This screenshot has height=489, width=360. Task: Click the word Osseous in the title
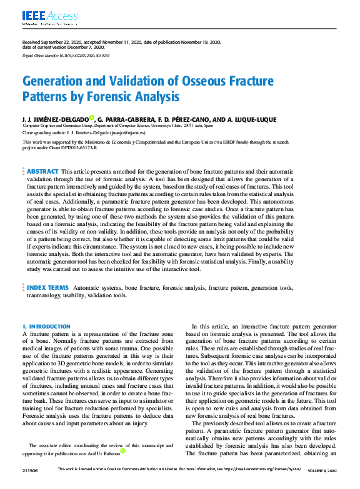tap(212, 81)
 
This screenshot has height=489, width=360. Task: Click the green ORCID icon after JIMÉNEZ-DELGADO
tap(91, 117)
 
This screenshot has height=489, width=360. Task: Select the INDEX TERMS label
tap(47, 288)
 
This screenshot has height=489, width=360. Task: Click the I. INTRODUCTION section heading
tap(47, 327)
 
